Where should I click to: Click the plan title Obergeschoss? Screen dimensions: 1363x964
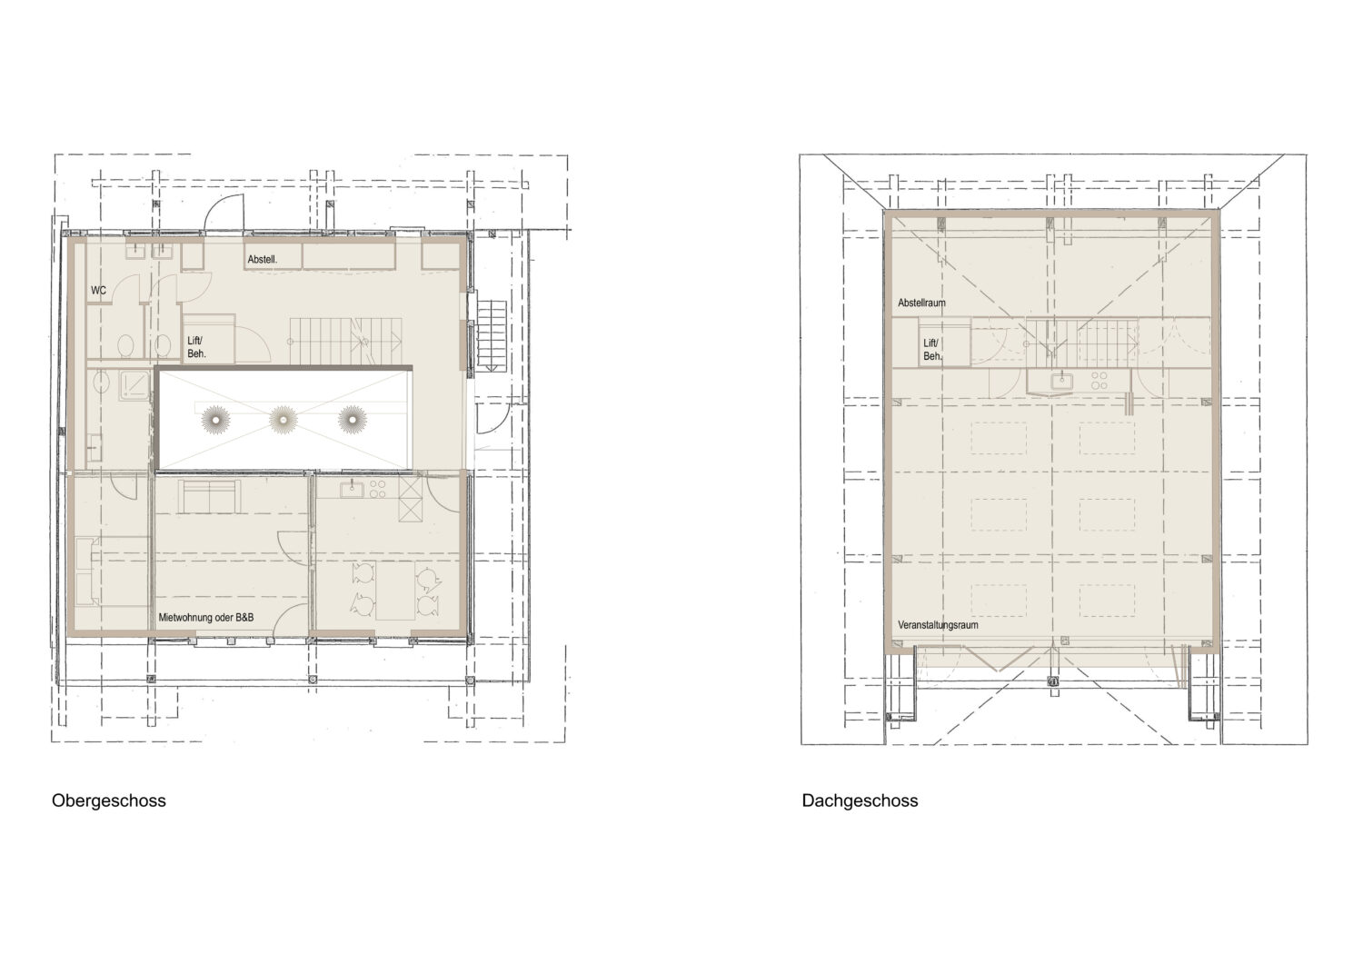(x=109, y=800)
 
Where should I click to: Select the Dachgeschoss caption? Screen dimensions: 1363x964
(x=860, y=800)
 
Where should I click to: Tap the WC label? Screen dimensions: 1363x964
(x=98, y=291)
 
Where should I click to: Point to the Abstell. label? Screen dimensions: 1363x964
(x=263, y=259)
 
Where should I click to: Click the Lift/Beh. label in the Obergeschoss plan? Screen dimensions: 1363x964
(x=196, y=347)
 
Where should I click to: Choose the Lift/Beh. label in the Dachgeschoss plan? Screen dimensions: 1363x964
(x=932, y=350)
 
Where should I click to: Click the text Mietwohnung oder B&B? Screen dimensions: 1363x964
(x=206, y=617)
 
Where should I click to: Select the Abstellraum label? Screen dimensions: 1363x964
(x=922, y=303)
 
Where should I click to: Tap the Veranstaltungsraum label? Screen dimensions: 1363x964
(x=939, y=625)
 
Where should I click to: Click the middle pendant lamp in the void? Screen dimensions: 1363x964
(x=283, y=420)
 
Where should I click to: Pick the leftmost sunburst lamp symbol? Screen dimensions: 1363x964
(x=215, y=420)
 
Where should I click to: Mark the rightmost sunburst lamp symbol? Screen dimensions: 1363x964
(x=353, y=420)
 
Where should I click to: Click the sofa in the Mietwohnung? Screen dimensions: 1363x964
(x=209, y=496)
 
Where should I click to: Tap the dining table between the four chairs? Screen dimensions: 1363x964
(x=395, y=590)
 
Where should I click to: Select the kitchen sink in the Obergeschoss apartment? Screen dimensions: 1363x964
(x=351, y=489)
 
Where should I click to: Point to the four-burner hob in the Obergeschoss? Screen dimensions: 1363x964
(x=377, y=490)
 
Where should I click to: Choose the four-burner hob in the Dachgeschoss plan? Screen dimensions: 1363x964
(x=1099, y=381)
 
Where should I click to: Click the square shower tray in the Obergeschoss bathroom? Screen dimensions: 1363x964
(x=134, y=385)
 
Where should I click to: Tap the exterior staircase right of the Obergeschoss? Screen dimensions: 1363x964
(x=492, y=335)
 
